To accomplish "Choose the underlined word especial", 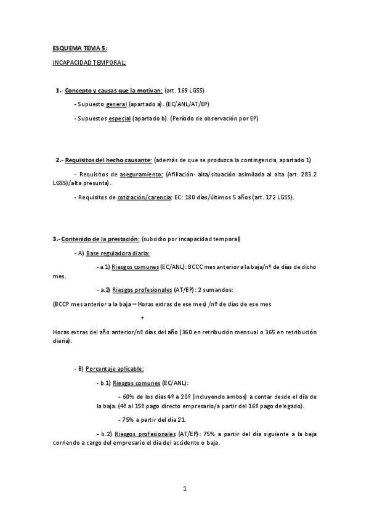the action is point(119,118).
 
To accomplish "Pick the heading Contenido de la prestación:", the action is point(100,239).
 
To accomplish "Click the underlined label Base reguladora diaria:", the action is point(118,253).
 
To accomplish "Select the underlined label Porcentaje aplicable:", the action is point(115,369).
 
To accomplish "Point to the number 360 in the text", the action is point(185,332).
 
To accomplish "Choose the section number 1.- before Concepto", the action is point(59,90).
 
